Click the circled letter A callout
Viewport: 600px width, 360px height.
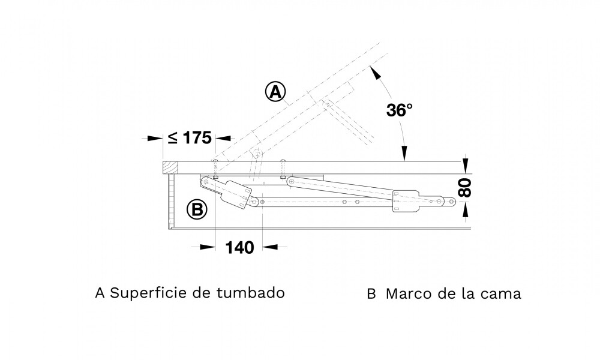pyautogui.click(x=275, y=92)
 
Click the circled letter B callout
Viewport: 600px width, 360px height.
pyautogui.click(x=196, y=210)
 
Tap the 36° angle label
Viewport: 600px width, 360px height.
pyautogui.click(x=399, y=110)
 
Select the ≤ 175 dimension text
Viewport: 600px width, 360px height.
pyautogui.click(x=189, y=137)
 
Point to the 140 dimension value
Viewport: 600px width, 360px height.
pyautogui.click(x=239, y=247)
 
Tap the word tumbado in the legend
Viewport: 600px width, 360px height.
pyautogui.click(x=253, y=293)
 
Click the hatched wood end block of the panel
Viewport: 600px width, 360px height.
pyautogui.click(x=172, y=167)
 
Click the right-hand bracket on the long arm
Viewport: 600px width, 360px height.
pyautogui.click(x=406, y=202)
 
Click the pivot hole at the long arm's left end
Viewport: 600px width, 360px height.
pyautogui.click(x=291, y=181)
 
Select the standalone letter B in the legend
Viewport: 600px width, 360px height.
pyautogui.click(x=371, y=294)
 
